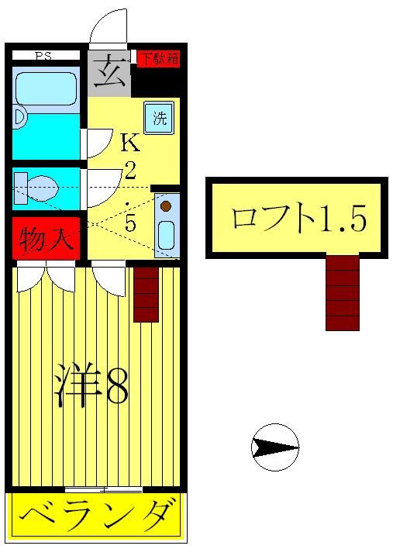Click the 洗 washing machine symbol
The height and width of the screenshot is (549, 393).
pyautogui.click(x=159, y=119)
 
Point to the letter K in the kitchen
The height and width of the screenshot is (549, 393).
pyautogui.click(x=129, y=142)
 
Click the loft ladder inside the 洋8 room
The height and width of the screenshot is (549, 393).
pyautogui.click(x=146, y=294)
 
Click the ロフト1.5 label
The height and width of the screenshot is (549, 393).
pyautogui.click(x=298, y=219)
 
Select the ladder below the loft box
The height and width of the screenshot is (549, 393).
pyautogui.click(x=342, y=292)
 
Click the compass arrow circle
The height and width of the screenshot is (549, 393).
pyautogui.click(x=276, y=447)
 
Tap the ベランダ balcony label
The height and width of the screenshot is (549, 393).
pyautogui.click(x=97, y=513)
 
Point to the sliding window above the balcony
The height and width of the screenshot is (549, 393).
pyautogui.click(x=103, y=489)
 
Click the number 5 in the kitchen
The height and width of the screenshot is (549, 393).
pyautogui.click(x=129, y=223)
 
